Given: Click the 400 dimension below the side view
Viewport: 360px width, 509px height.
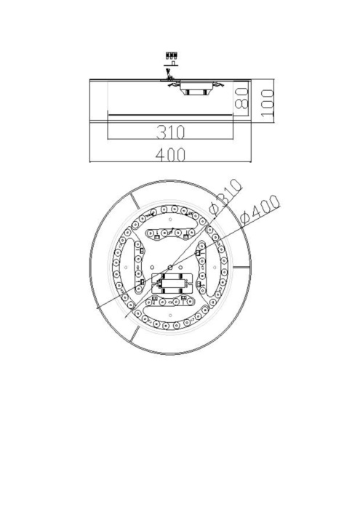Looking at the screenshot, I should pyautogui.click(x=169, y=154).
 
